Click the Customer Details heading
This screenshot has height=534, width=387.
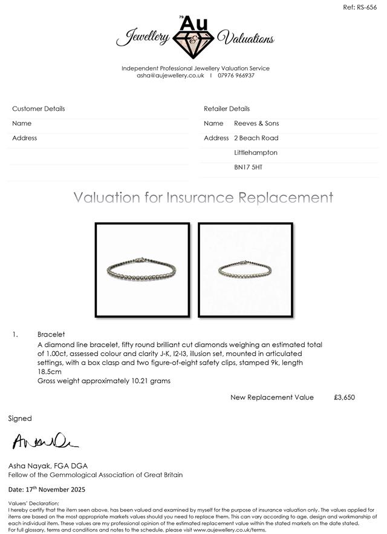click(39, 109)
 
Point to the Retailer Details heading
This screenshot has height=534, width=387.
click(227, 109)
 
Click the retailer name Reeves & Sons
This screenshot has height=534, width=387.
click(256, 124)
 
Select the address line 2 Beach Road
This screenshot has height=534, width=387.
click(256, 138)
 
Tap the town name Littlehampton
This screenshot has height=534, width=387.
click(255, 153)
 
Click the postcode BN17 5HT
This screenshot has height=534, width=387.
click(248, 167)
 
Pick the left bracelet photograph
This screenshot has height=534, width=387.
click(142, 269)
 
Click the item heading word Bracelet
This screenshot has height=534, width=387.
click(51, 334)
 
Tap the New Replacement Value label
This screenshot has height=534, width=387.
click(272, 397)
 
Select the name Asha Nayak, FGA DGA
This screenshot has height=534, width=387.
click(48, 466)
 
